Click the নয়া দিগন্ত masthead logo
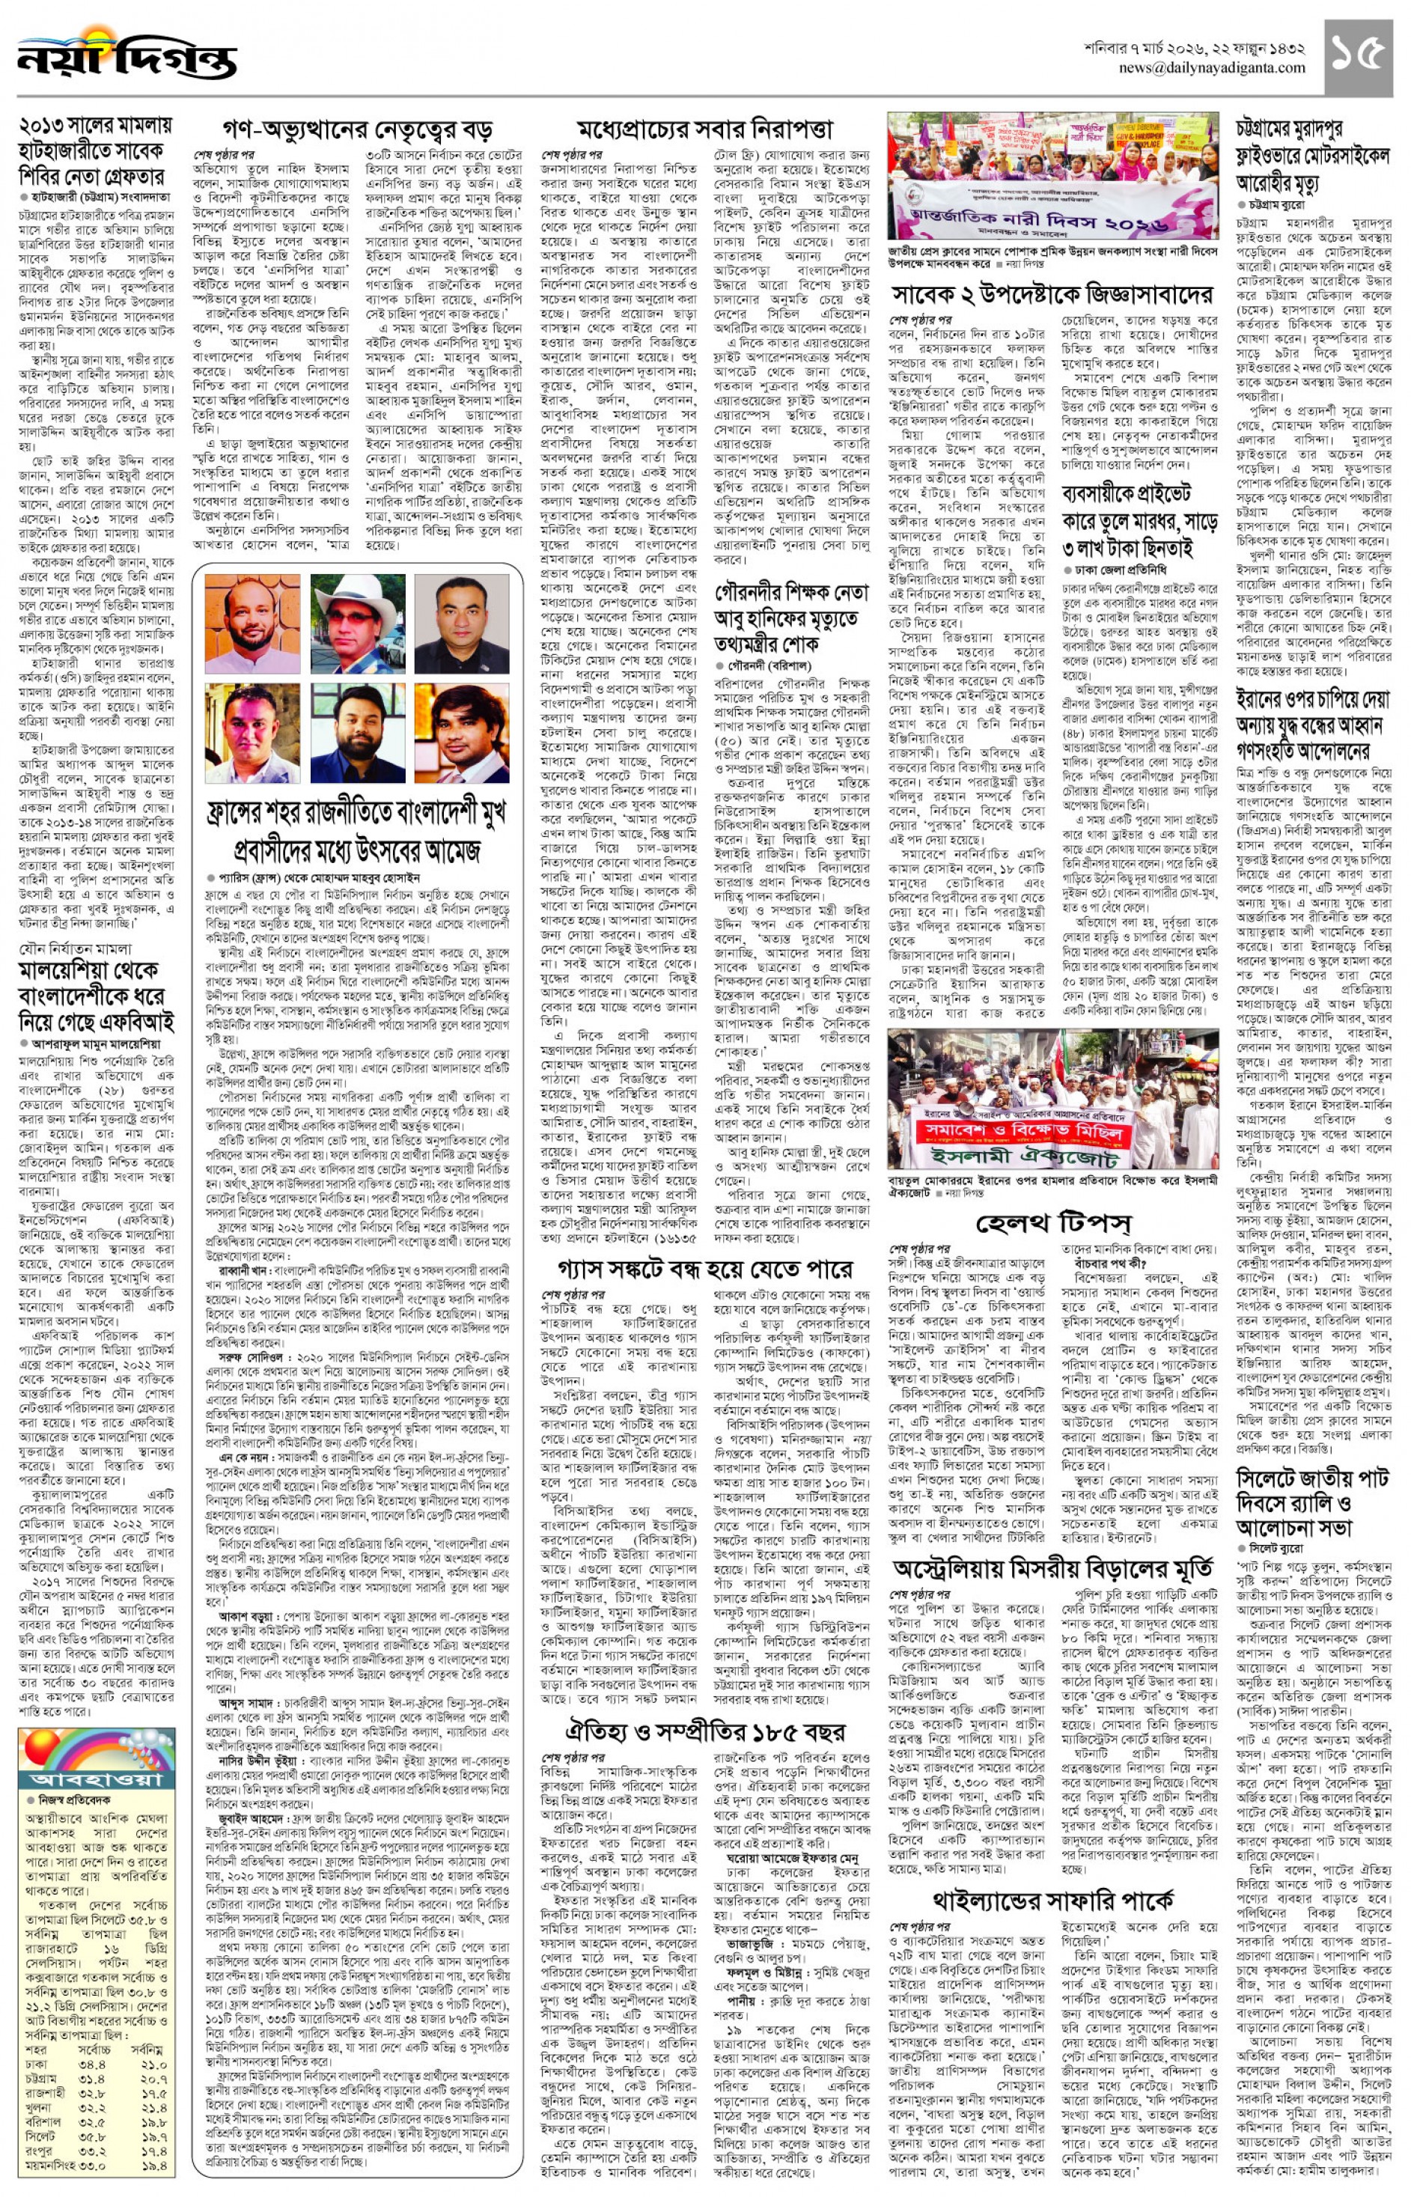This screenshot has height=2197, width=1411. (x=127, y=57)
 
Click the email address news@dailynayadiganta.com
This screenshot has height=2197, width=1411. (x=1211, y=68)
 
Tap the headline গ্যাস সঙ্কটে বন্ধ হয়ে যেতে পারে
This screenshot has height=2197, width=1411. (x=705, y=1269)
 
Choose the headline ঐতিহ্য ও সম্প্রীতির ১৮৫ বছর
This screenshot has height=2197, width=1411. (x=705, y=1731)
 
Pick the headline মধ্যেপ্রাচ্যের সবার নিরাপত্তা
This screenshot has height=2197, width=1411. (x=705, y=128)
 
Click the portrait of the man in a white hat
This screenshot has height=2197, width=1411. (x=357, y=623)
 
